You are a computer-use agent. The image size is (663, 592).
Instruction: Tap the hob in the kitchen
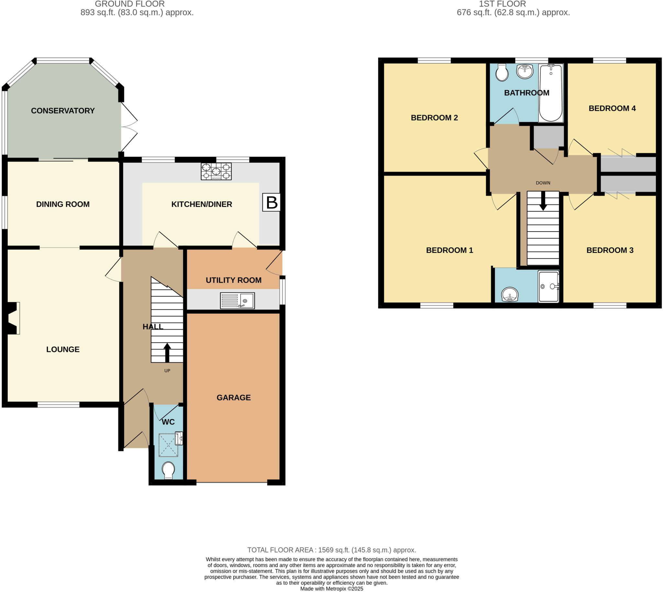[x=216, y=171]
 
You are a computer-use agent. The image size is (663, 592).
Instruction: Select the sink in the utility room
[x=237, y=300]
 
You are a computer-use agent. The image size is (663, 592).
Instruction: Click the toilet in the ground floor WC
[x=168, y=470]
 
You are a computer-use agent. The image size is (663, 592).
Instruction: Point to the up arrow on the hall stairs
[x=167, y=352]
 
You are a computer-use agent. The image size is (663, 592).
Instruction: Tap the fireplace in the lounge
[x=12, y=318]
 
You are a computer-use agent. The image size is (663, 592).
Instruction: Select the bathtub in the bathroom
[x=551, y=93]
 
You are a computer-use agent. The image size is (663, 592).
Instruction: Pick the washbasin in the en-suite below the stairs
[x=510, y=294]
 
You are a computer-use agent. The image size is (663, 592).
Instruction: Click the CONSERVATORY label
[x=63, y=111]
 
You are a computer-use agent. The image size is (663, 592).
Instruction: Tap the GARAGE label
[x=233, y=397]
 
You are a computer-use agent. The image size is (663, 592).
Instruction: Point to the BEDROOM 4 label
[x=612, y=108]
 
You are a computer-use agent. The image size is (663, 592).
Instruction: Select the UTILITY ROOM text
[x=233, y=280]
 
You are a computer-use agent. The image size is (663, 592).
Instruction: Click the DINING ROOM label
[x=63, y=204]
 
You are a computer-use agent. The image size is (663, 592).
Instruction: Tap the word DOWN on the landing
[x=543, y=183]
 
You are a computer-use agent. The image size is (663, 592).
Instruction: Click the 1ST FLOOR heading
[x=502, y=4]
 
